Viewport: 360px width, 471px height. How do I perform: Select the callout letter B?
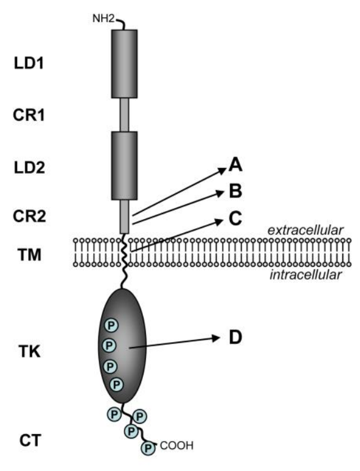pyautogui.click(x=236, y=192)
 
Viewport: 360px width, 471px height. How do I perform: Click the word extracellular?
pyautogui.click(x=305, y=230)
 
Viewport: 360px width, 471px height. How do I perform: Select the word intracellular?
pyautogui.click(x=305, y=276)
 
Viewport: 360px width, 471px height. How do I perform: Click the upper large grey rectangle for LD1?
pyautogui.click(x=124, y=63)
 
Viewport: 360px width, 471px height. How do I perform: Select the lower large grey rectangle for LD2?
pyautogui.click(x=124, y=165)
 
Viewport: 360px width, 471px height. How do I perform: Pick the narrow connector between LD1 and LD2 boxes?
pyautogui.click(x=124, y=114)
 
